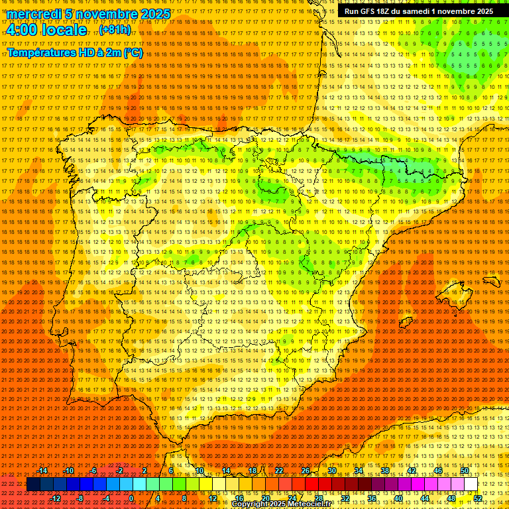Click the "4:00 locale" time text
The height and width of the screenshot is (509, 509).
pos(46,30)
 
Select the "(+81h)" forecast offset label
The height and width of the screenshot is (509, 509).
pos(115,30)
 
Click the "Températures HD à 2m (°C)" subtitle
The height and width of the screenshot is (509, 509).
pos(75,52)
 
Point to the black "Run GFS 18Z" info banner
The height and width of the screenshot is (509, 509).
pos(418,11)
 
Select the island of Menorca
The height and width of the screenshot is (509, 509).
pos(491,281)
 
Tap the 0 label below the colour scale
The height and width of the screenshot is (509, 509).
pos(131,498)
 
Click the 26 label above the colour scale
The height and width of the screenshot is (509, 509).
pos(306,471)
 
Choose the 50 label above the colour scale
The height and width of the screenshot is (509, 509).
pos(465,471)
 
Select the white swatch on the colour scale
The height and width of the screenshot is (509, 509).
pos(471,484)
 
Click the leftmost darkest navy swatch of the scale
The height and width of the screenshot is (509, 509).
pos(33,484)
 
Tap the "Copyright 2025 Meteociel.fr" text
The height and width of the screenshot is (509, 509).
pos(281,504)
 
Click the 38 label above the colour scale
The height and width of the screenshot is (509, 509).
pos(385,471)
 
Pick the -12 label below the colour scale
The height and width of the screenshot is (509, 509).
pos(55,498)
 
